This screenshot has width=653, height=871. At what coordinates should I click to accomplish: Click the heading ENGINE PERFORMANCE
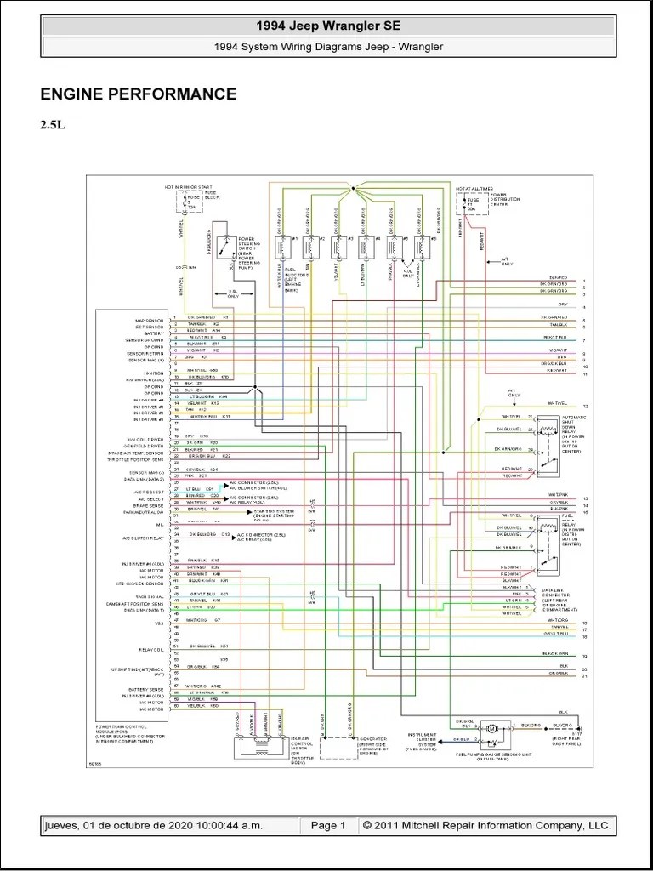click(139, 94)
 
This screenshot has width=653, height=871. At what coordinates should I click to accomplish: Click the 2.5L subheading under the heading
click(52, 125)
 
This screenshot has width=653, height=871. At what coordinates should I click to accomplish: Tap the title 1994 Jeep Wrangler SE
click(327, 26)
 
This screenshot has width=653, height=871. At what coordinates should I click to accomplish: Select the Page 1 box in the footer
click(328, 826)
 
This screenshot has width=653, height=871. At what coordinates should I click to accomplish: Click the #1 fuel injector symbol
click(281, 248)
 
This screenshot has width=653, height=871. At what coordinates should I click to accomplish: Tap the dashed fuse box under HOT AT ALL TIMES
click(466, 204)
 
